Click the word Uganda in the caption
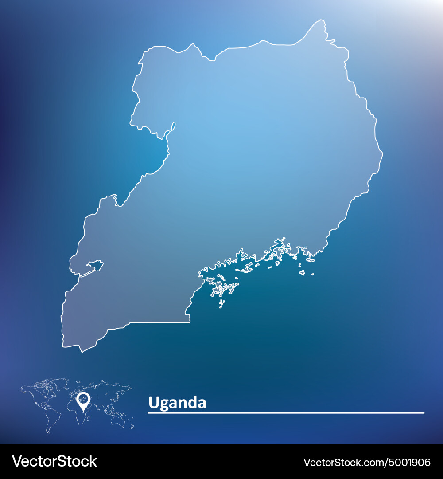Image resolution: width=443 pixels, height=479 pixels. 177,403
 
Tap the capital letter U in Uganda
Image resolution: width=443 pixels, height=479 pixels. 153,403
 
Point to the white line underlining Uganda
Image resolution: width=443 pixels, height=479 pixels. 286,413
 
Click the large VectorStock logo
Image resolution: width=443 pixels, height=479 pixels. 54,461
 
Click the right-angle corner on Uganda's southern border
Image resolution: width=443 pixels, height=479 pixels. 190,322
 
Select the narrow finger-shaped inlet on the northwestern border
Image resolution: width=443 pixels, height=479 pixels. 172,127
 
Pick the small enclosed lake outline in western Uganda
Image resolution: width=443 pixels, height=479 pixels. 95,266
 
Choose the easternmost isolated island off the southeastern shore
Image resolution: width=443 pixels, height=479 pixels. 312,274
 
